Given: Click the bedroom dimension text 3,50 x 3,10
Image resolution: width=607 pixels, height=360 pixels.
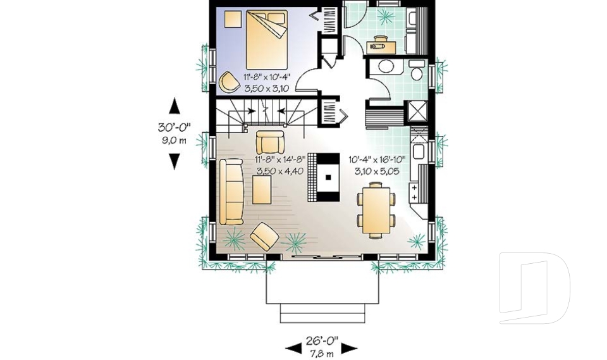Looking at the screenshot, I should point(266,89).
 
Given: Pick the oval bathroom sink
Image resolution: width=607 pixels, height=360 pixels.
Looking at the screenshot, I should point(385,68).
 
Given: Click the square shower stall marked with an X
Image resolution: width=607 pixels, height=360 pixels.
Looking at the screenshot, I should point(418,111).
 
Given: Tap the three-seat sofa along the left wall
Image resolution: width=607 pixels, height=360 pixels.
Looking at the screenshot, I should point(233,190).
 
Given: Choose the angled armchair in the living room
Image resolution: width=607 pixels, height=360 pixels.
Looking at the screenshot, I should point(264,237).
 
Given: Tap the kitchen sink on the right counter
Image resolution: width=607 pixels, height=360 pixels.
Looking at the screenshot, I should point(419,152).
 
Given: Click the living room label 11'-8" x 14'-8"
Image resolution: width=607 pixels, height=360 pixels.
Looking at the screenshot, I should point(280,159).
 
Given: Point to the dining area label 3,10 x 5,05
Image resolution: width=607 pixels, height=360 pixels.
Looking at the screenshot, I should point(377,171).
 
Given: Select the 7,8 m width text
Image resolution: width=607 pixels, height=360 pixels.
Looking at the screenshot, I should point(322,354).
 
